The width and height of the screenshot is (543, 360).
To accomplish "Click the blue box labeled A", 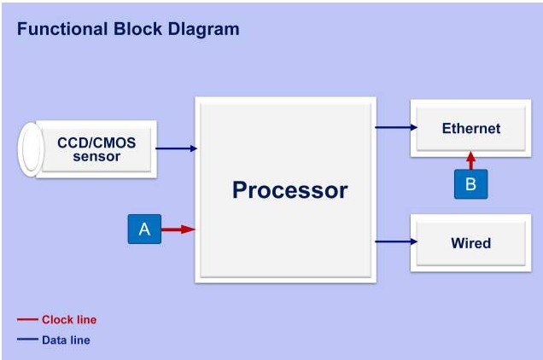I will [x=144, y=229].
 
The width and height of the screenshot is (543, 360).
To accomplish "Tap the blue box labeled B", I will [x=470, y=183].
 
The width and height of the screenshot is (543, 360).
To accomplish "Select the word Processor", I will [x=289, y=189].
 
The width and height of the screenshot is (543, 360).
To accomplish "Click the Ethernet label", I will [x=470, y=129].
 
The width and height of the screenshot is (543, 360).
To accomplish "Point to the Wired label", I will [x=470, y=243].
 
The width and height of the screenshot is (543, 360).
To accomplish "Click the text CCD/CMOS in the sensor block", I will [x=96, y=142].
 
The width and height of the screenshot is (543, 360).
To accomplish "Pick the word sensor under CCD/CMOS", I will [x=96, y=156].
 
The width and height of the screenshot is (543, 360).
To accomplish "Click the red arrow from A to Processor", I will [x=178, y=229].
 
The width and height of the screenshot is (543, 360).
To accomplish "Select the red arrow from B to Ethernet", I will [x=470, y=160].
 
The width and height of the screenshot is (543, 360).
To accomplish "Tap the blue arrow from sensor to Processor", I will [x=177, y=148].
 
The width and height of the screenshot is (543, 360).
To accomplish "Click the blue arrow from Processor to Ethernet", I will [x=396, y=128].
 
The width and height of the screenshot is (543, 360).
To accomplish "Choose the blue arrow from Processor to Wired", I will [x=396, y=241].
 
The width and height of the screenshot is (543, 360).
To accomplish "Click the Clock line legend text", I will [x=69, y=320].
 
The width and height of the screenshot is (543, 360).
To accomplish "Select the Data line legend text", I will [x=66, y=340].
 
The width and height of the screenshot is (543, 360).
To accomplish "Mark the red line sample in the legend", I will [x=27, y=320].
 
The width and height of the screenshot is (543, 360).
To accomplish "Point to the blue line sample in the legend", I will [x=27, y=340].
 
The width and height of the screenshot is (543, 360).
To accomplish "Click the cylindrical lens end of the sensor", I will [x=32, y=148].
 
